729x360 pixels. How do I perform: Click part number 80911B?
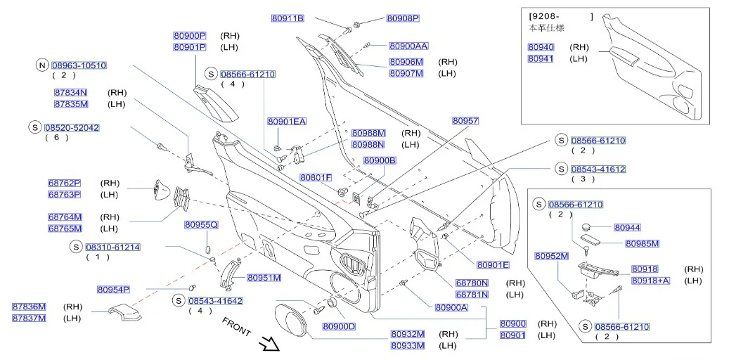(x=288, y=18)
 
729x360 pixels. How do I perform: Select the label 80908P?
(x=404, y=18)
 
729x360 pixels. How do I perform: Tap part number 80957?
(x=465, y=120)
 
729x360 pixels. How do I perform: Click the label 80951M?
(x=264, y=278)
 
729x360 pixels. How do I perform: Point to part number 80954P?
(x=113, y=289)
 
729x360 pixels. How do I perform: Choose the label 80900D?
(x=339, y=326)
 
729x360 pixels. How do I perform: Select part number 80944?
(x=627, y=227)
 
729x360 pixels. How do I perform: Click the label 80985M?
(x=642, y=243)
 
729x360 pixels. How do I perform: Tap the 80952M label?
(x=552, y=255)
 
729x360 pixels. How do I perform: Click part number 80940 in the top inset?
(x=541, y=47)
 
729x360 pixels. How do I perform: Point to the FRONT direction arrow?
(x=269, y=345)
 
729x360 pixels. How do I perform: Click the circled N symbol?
(x=42, y=65)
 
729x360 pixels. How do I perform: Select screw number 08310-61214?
(x=112, y=247)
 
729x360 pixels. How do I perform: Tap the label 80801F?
(x=316, y=177)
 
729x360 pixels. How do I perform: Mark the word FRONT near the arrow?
(x=236, y=327)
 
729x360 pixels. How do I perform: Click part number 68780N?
(x=472, y=283)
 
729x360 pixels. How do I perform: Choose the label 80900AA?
(x=408, y=46)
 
